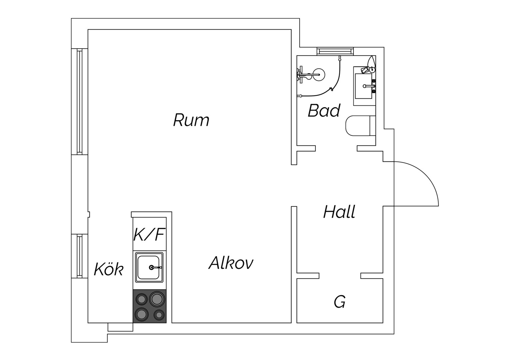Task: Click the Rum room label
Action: coord(191,120)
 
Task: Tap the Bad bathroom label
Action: coord(324,111)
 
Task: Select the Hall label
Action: coord(339,212)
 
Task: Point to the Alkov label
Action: coord(231,263)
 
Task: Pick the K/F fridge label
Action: coord(149,234)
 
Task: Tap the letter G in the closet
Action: coord(340,302)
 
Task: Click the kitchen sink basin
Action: coord(149,267)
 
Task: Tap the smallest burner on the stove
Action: coord(159,315)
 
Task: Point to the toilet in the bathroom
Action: coord(360,126)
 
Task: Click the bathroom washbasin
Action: coord(363,86)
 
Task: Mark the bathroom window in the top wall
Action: coord(335,51)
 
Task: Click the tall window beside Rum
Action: coord(80,101)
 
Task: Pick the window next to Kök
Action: coord(80,256)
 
